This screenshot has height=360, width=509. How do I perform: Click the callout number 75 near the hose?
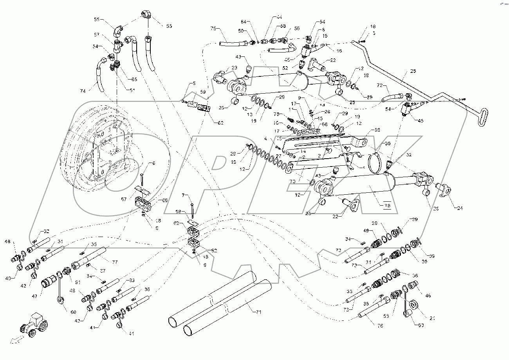(213, 28)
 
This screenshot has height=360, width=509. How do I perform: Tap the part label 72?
(379, 85)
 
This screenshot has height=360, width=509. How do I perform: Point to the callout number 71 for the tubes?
(257, 312)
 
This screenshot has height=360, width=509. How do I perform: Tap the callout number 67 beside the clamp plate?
(123, 199)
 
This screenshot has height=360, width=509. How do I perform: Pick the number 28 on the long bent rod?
(402, 71)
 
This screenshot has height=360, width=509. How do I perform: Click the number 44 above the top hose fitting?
(279, 18)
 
